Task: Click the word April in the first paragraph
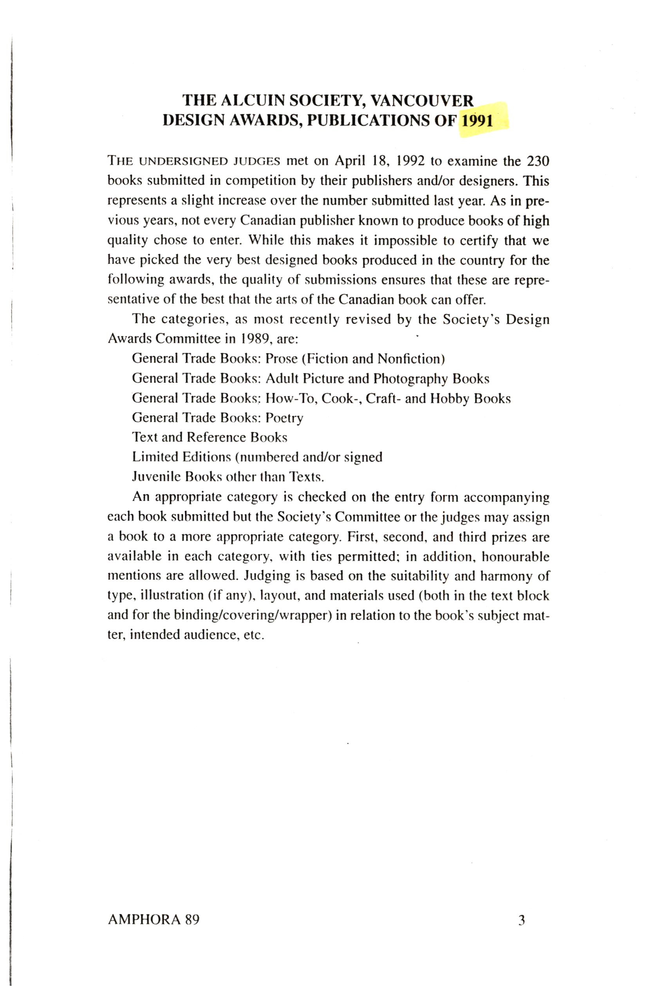click(350, 161)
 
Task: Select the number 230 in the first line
click(537, 161)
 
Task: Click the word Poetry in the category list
click(284, 418)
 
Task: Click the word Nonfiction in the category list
click(409, 359)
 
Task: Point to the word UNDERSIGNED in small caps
click(184, 161)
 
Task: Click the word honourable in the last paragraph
click(515, 556)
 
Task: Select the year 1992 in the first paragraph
click(410, 161)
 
